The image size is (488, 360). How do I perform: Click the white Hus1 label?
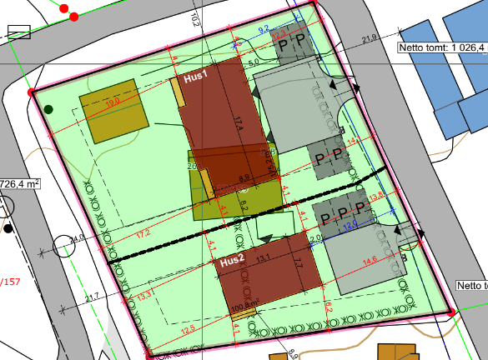pos(195,77)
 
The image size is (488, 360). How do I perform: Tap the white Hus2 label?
pos(232,261)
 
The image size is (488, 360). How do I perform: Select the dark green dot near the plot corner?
pos(49,109)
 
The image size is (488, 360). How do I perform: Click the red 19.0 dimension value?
pos(113,102)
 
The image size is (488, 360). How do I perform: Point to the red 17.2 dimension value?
pos(143,234)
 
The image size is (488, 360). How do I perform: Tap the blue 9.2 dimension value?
pos(263,30)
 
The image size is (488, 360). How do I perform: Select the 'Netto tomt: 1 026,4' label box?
pos(441,47)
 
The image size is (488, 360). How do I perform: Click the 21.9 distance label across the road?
pos(370,38)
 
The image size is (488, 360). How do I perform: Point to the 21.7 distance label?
pos(92,297)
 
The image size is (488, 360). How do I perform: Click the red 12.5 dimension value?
pos(188,329)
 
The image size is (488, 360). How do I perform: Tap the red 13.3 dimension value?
pos(144,296)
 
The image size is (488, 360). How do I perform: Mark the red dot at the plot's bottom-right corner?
pos(450,312)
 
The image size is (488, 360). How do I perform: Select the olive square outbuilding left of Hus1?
pos(113,110)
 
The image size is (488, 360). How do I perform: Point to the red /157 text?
pos(11,282)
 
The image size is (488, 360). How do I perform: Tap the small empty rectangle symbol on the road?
pos(18,32)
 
